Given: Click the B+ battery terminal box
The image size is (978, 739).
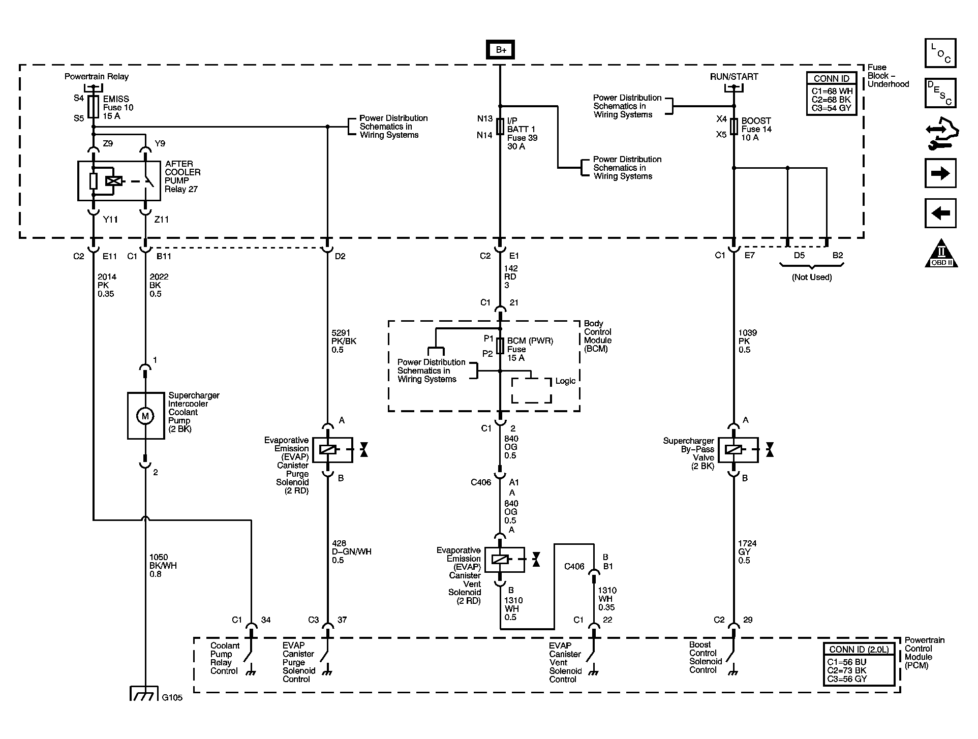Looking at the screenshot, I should pyautogui.click(x=501, y=49).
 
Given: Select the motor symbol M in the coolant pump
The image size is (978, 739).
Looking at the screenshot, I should pyautogui.click(x=145, y=416).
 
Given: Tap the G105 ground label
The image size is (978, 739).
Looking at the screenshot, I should pyautogui.click(x=172, y=698).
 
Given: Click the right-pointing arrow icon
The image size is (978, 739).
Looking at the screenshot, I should pyautogui.click(x=940, y=174).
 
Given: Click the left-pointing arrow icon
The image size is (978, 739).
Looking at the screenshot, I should pyautogui.click(x=940, y=212).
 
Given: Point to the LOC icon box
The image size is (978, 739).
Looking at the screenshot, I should pyautogui.click(x=940, y=53).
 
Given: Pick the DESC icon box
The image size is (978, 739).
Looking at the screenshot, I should pyautogui.click(x=940, y=93).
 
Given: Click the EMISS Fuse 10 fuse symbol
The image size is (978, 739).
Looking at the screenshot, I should pyautogui.click(x=94, y=107).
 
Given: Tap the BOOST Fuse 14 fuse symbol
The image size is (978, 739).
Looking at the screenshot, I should pyautogui.click(x=733, y=127).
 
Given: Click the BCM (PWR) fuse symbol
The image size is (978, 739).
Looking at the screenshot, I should pyautogui.click(x=500, y=346).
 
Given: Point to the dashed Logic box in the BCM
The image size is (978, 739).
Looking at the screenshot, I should pyautogui.click(x=531, y=390).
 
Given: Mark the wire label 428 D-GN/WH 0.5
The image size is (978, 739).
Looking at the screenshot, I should pyautogui.click(x=351, y=552).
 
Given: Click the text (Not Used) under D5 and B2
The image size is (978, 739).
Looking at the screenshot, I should pyautogui.click(x=812, y=278).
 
